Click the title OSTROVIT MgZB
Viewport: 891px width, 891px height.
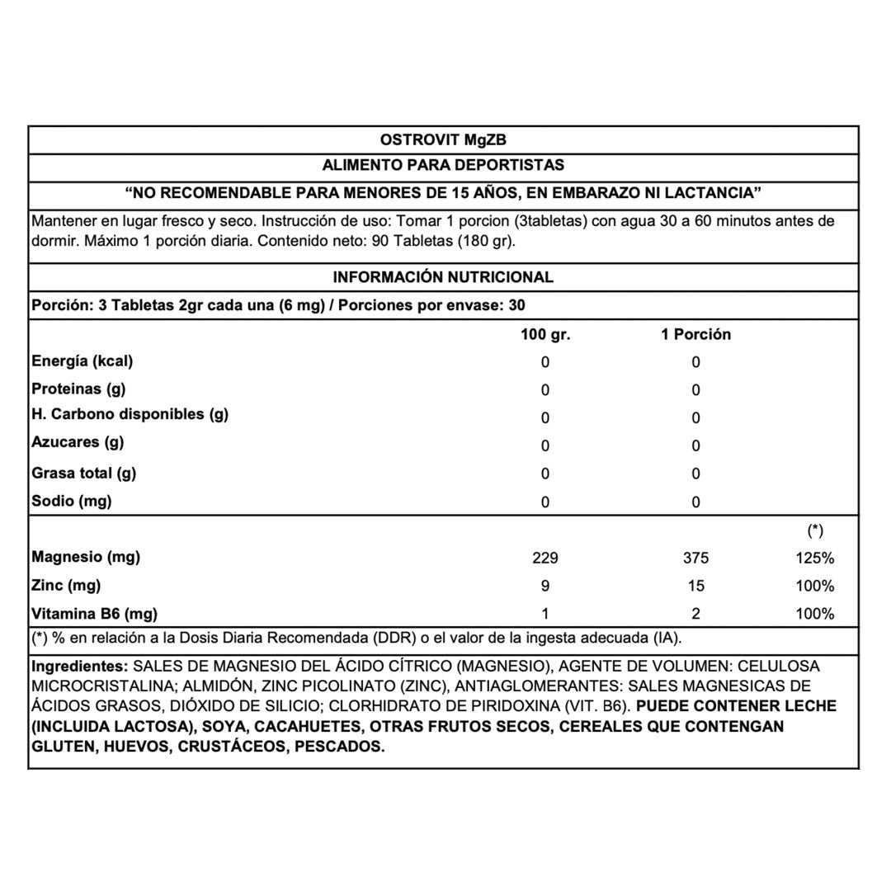tap(443, 140)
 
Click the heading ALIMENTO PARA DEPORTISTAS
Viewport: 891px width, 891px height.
tap(443, 165)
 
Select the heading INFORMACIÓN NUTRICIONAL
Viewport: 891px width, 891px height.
tap(443, 277)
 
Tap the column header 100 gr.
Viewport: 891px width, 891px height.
tap(544, 335)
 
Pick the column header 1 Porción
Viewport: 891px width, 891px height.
tap(695, 335)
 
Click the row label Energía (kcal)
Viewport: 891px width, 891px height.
tap(82, 361)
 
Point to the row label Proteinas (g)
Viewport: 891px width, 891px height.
tap(78, 389)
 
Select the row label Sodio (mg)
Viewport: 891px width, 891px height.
tap(71, 501)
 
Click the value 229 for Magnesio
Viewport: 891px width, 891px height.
tap(545, 559)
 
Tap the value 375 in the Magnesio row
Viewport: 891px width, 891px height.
tap(695, 559)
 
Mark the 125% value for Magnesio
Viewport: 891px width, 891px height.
tap(816, 559)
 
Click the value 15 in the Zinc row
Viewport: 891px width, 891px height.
tap(695, 587)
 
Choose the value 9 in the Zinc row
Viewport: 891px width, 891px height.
tap(545, 587)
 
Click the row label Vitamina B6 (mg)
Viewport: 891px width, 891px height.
tap(94, 614)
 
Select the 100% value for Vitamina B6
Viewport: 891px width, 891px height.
tap(816, 614)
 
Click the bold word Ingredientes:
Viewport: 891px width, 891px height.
tap(79, 667)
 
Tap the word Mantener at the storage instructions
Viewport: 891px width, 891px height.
tap(62, 221)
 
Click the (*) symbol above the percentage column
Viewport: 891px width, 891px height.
tap(815, 531)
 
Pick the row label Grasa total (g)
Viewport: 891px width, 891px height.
tap(83, 474)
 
